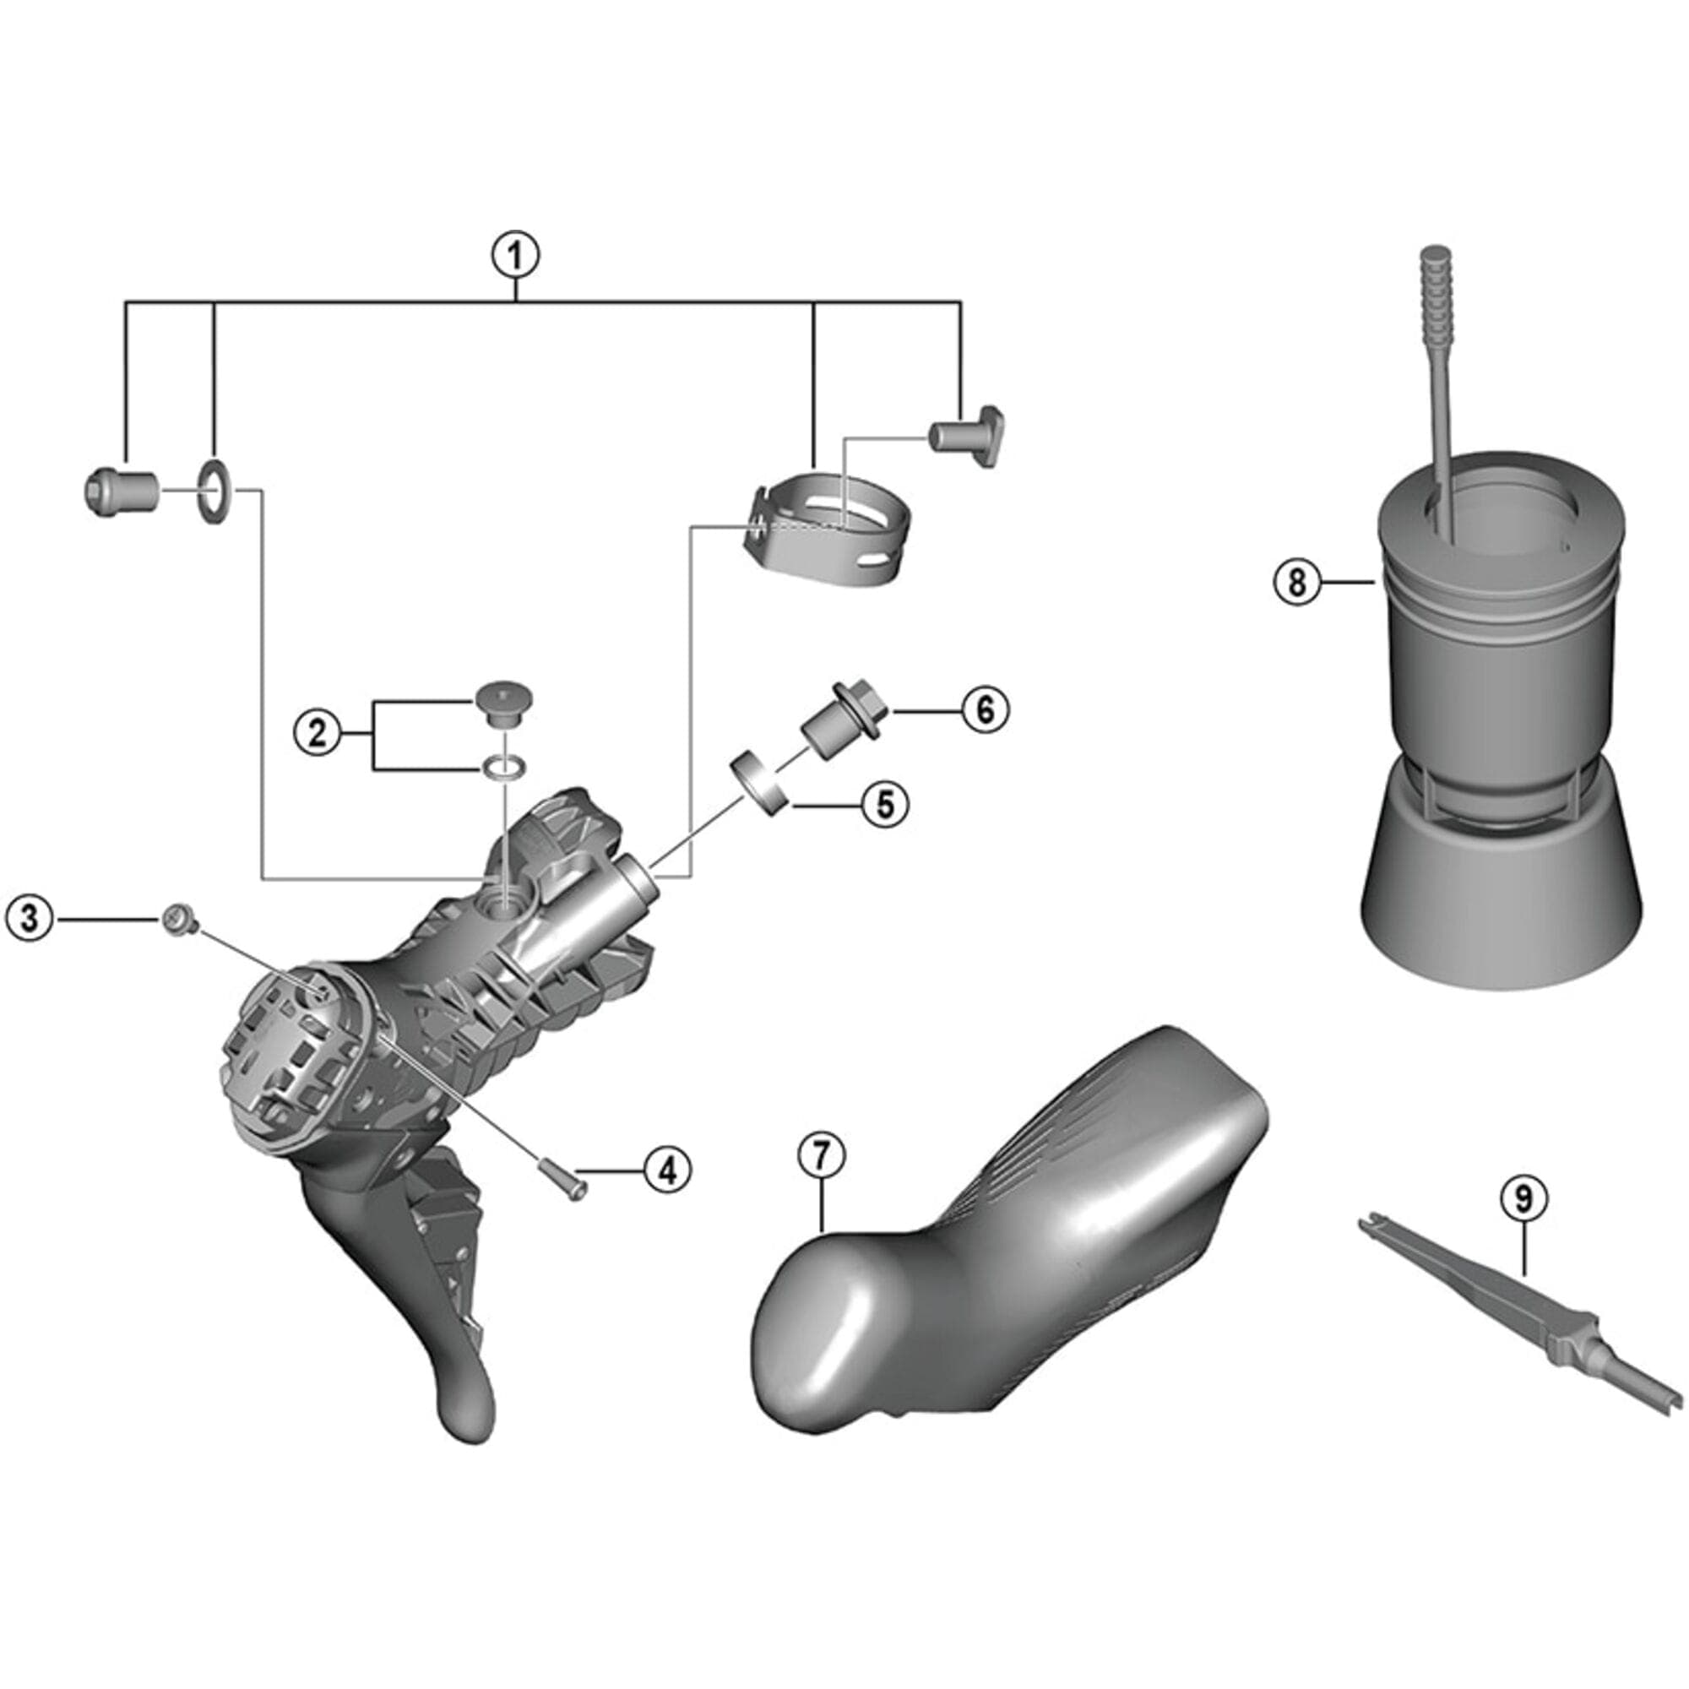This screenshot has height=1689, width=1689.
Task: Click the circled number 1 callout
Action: [516, 256]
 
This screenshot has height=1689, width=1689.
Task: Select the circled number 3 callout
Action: [30, 920]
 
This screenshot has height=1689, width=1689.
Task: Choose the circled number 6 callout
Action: [986, 711]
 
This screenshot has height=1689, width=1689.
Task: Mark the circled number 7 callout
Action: [822, 1156]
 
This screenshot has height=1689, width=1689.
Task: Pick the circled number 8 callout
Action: [1296, 581]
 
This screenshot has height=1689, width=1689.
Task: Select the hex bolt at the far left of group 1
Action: [119, 491]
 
